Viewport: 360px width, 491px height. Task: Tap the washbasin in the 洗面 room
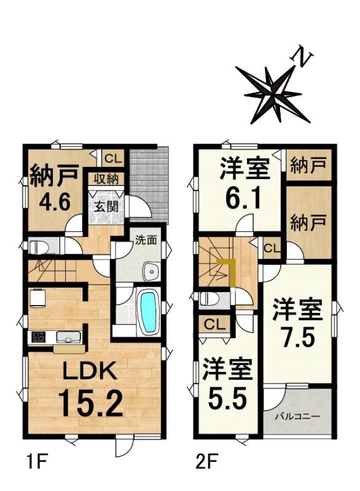point(152,271)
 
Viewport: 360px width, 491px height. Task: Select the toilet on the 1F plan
point(39,247)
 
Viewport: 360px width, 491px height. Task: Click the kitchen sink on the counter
point(69,337)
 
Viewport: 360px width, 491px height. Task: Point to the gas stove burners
point(37,337)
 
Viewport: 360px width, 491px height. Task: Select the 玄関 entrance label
point(107,207)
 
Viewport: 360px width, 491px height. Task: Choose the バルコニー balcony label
point(297,417)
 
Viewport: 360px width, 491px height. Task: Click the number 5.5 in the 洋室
point(226,397)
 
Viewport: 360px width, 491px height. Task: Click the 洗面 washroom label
point(146,240)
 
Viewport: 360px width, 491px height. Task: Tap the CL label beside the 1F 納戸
point(113,159)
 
